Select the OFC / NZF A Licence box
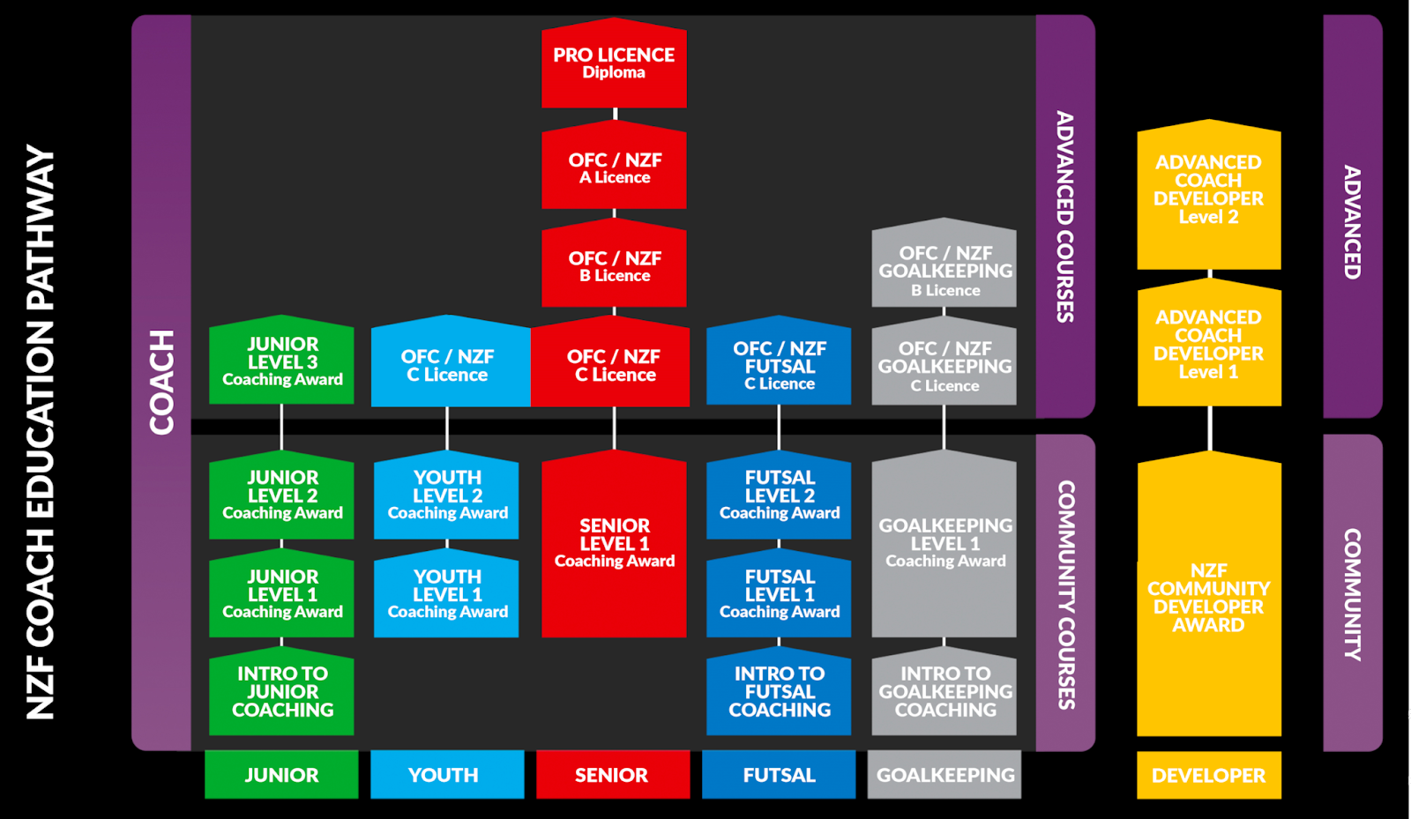point(614,168)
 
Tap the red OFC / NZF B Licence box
point(614,266)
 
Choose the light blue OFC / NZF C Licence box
point(448,365)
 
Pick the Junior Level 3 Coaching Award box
point(282,362)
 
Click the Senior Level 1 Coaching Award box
point(614,543)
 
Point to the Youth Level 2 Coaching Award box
point(447,495)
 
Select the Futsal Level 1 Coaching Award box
point(779,594)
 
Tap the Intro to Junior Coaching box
point(282,692)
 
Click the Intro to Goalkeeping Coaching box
point(944,692)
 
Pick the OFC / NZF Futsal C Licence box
point(779,365)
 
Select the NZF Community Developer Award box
point(1208,598)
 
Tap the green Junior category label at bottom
point(281,775)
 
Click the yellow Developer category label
point(1208,776)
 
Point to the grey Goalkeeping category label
point(944,775)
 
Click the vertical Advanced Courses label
point(1065,216)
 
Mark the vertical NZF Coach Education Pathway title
point(41,432)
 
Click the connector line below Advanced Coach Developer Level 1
point(1209,428)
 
